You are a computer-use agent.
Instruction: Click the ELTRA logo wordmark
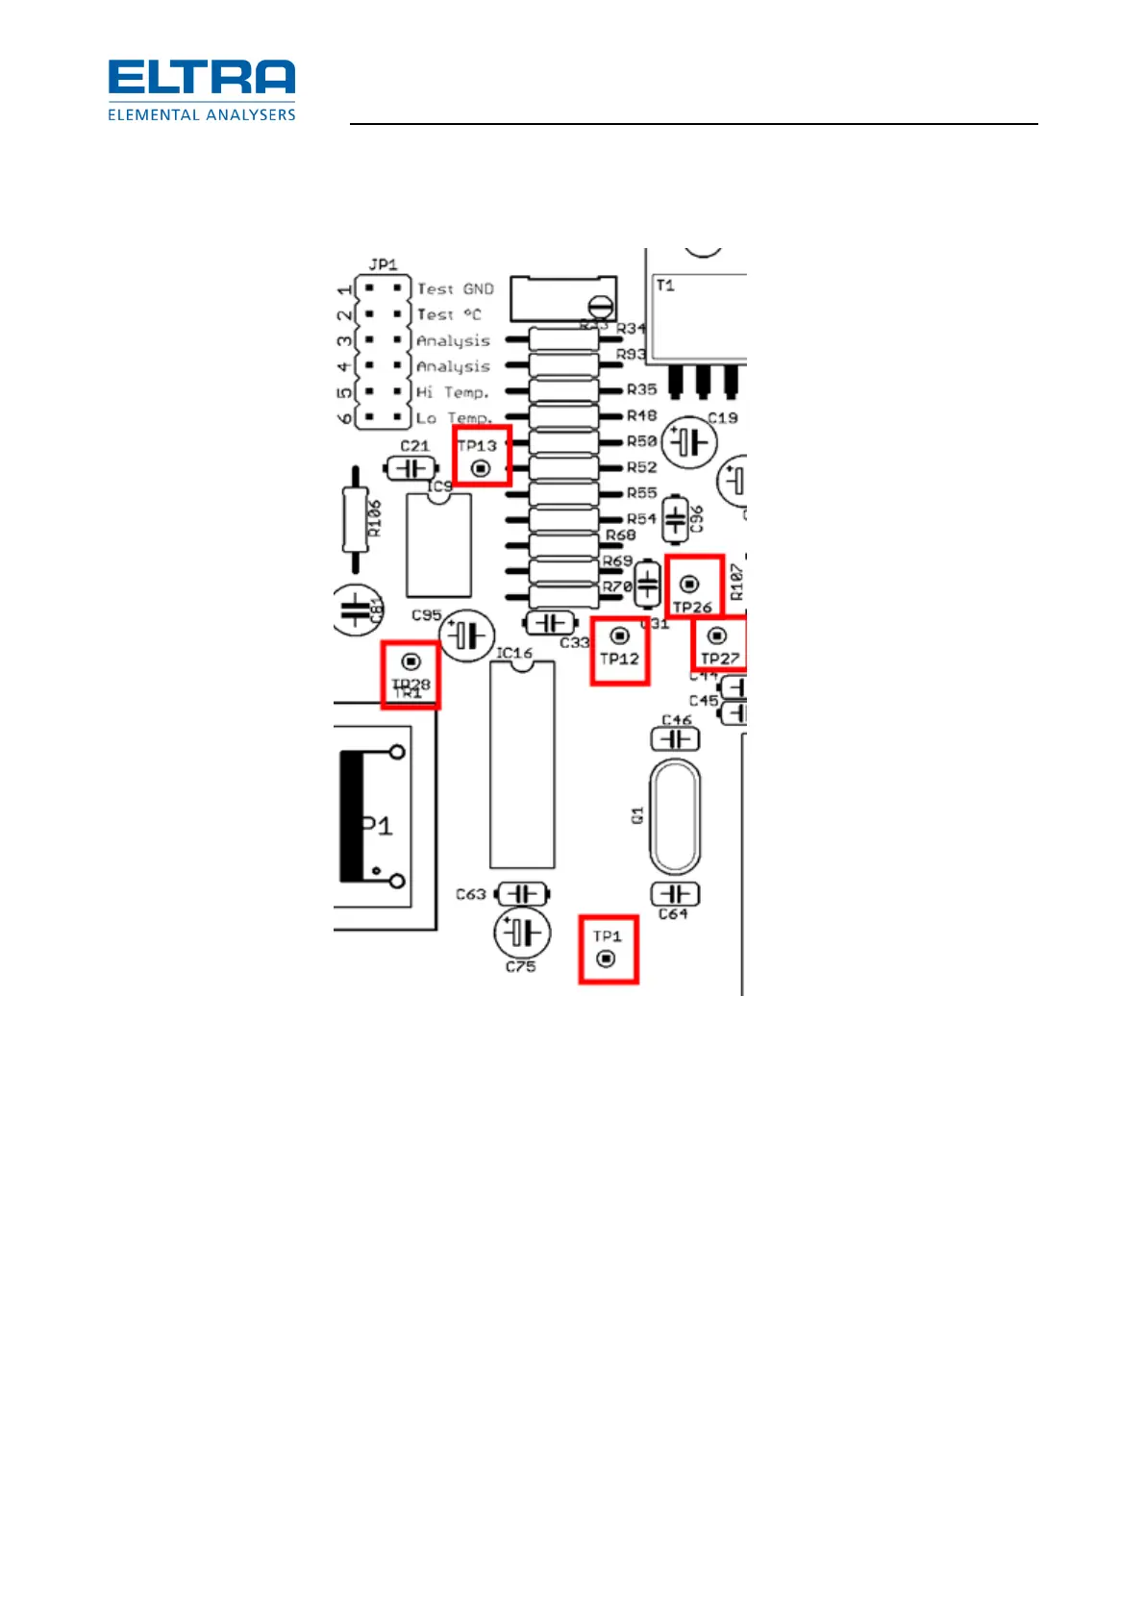(x=201, y=78)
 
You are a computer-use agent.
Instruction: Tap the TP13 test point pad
(x=481, y=468)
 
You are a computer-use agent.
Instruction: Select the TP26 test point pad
(x=689, y=584)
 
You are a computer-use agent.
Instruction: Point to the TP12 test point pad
(x=619, y=636)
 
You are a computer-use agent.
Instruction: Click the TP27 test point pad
(x=716, y=636)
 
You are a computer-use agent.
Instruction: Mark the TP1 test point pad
(x=606, y=959)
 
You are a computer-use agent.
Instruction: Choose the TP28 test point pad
(x=411, y=661)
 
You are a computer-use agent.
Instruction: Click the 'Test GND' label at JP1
(x=455, y=288)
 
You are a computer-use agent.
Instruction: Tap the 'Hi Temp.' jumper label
(x=452, y=392)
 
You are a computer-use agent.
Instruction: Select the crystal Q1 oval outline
(x=675, y=815)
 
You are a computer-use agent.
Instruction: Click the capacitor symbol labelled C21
(x=412, y=468)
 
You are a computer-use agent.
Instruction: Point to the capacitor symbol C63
(x=522, y=894)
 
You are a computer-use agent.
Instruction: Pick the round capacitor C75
(x=522, y=933)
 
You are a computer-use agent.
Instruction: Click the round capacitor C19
(x=689, y=443)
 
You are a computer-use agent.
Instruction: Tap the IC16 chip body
(x=522, y=764)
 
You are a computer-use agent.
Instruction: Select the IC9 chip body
(x=438, y=545)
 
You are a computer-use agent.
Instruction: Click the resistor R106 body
(x=356, y=519)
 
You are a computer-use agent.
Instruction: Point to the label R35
(x=641, y=389)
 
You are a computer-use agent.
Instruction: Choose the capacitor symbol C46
(x=676, y=738)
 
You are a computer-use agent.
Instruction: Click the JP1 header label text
(x=383, y=264)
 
